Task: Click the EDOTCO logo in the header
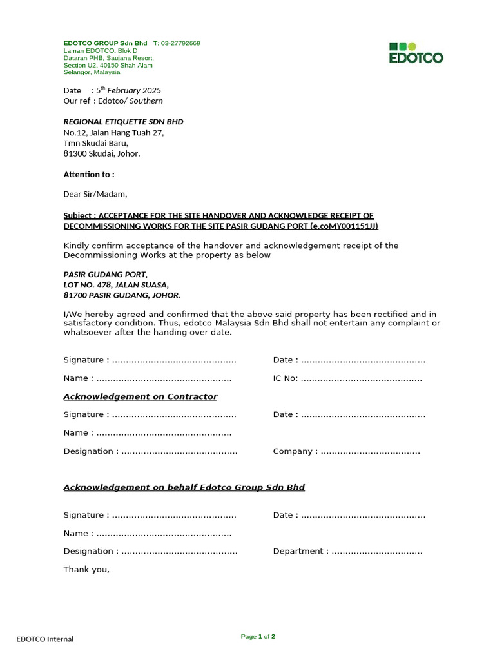[416, 52]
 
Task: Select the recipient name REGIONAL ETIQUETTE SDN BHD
[123, 122]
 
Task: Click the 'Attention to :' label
[89, 175]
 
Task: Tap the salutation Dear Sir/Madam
[95, 194]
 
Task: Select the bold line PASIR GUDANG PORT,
[106, 275]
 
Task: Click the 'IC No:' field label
[286, 378]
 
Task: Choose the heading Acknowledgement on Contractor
[140, 396]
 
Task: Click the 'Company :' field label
[295, 451]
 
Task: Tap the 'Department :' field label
[301, 551]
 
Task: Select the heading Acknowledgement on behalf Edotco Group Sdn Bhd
[184, 487]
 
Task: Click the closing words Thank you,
[86, 569]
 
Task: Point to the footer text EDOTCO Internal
[45, 639]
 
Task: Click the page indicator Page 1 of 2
[258, 637]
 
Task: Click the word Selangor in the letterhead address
[77, 72]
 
